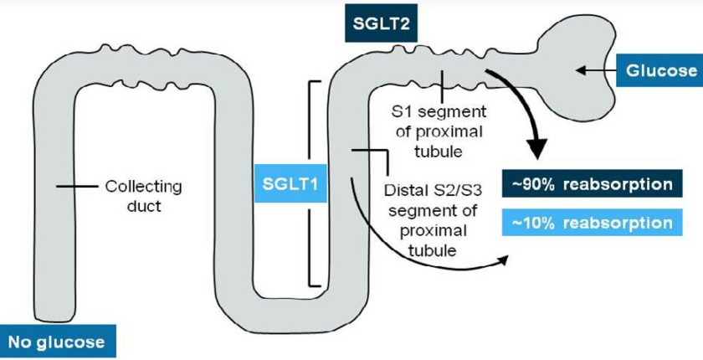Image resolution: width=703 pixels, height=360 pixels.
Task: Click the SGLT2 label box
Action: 381,23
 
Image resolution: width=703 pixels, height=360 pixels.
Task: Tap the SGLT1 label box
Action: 290,184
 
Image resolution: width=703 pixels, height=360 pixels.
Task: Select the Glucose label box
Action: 660,70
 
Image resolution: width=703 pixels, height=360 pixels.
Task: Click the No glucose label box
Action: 57,342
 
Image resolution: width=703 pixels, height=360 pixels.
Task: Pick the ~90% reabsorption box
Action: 592,183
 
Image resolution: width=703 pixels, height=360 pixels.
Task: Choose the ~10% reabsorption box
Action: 592,223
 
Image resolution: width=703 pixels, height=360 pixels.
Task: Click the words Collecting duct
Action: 143,196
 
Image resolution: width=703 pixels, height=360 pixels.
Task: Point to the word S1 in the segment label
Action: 401,111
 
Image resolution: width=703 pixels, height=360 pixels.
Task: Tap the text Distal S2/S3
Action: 433,190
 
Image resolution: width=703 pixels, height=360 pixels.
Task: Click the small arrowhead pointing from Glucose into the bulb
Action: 580,70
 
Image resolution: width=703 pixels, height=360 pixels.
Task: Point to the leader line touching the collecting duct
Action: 77,186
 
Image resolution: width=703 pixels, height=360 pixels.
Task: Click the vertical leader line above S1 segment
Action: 443,86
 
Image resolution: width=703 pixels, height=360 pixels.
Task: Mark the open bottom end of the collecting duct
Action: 54,319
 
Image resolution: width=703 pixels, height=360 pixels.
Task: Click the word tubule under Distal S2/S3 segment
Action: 433,249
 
